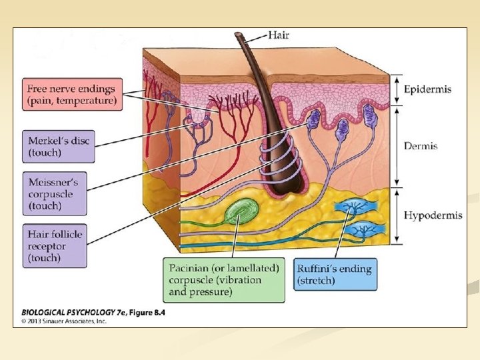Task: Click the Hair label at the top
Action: pyautogui.click(x=278, y=35)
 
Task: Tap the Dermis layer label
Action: pyautogui.click(x=421, y=146)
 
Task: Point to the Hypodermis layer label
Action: pyautogui.click(x=431, y=215)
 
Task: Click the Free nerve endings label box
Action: pyautogui.click(x=71, y=95)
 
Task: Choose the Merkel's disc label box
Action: pyautogui.click(x=59, y=147)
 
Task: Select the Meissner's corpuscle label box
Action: pyautogui.click(x=54, y=194)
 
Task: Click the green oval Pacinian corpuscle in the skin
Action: pyautogui.click(x=239, y=215)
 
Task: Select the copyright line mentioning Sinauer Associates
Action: pyautogui.click(x=64, y=321)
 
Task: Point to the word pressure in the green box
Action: pyautogui.click(x=211, y=292)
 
